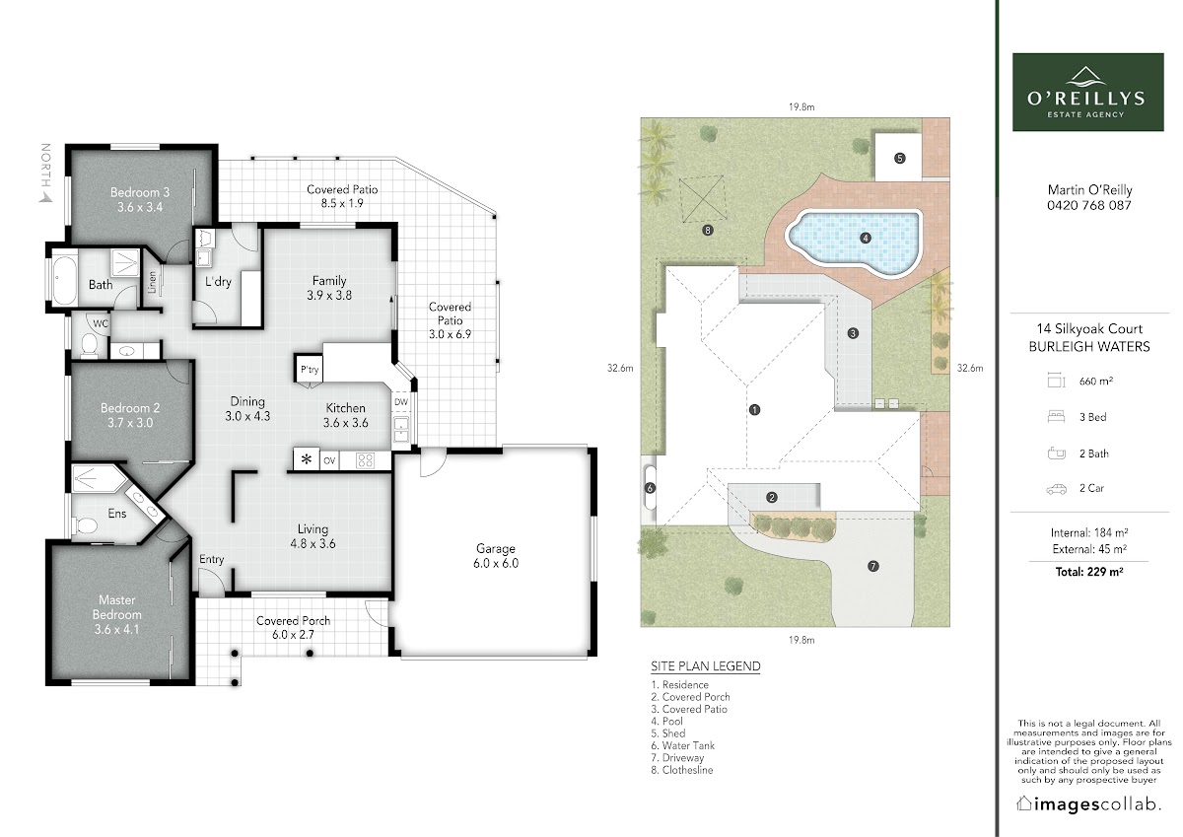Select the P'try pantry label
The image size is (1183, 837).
[x=310, y=369]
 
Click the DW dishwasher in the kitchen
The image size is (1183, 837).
[x=401, y=402]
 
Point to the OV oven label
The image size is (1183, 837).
[x=329, y=460]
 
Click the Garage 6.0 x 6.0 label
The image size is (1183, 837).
[x=495, y=556]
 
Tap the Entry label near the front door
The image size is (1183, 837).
[x=211, y=559]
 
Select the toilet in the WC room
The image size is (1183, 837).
[x=90, y=344]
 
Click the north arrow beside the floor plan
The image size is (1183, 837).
[x=46, y=197]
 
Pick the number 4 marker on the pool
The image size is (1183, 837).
[x=866, y=238]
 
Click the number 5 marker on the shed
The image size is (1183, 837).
[x=899, y=158]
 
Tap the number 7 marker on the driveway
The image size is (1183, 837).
[x=873, y=566]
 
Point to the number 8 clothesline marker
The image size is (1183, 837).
[x=708, y=230]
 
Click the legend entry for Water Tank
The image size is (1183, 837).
[x=682, y=745]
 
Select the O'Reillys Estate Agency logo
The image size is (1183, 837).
[x=1088, y=92]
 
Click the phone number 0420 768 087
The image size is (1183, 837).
[x=1089, y=205]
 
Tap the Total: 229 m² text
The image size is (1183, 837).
[x=1089, y=572]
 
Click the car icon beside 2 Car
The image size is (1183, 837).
[x=1056, y=489]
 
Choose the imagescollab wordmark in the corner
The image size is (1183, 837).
[x=1088, y=803]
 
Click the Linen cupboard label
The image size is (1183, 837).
[x=152, y=283]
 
